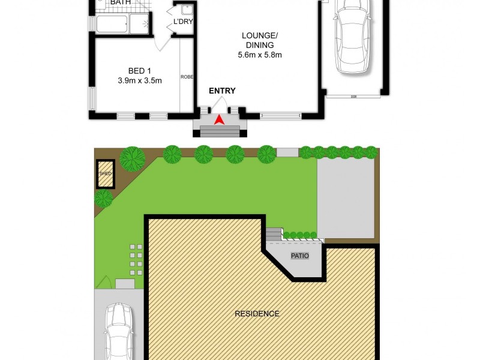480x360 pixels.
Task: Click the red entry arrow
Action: pos(220,119)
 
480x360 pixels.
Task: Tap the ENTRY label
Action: pos(222,91)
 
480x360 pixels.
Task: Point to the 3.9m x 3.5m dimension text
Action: pos(140,81)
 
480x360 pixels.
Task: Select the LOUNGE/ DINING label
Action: pos(258,40)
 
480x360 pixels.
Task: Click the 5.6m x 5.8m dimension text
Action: pos(259,55)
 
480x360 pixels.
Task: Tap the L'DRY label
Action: pos(182,23)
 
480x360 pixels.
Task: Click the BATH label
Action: pos(121,3)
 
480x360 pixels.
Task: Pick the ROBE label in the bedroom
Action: pos(186,77)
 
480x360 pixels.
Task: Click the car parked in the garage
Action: pos(353,36)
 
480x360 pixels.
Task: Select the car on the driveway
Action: pos(118,332)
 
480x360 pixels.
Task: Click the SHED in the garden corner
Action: pos(106,174)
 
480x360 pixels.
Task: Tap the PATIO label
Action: pos(299,256)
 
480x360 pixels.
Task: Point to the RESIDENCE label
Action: pos(257,313)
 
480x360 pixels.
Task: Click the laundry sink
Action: pos(187,10)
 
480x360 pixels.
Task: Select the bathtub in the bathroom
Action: pos(112,25)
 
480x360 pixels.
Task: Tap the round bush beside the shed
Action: pos(104,199)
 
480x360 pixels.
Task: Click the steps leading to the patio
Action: pos(274,233)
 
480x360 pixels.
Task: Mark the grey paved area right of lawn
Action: pos(345,198)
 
